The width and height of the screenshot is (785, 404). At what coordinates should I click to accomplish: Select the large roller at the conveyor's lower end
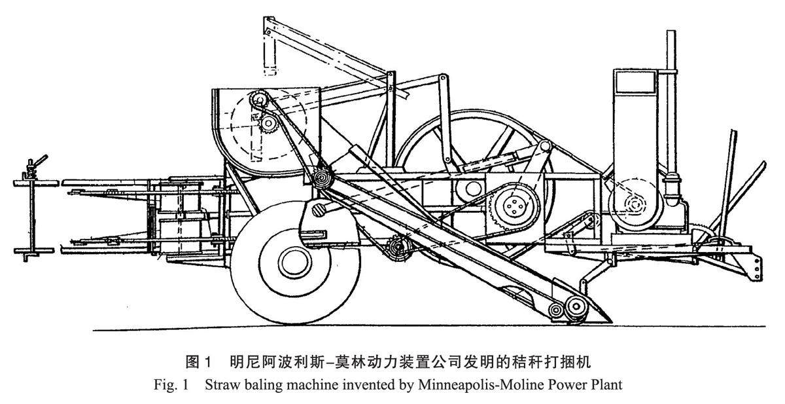pos(575,306)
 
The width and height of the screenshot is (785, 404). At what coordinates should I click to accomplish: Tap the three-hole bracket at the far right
pos(757,265)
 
